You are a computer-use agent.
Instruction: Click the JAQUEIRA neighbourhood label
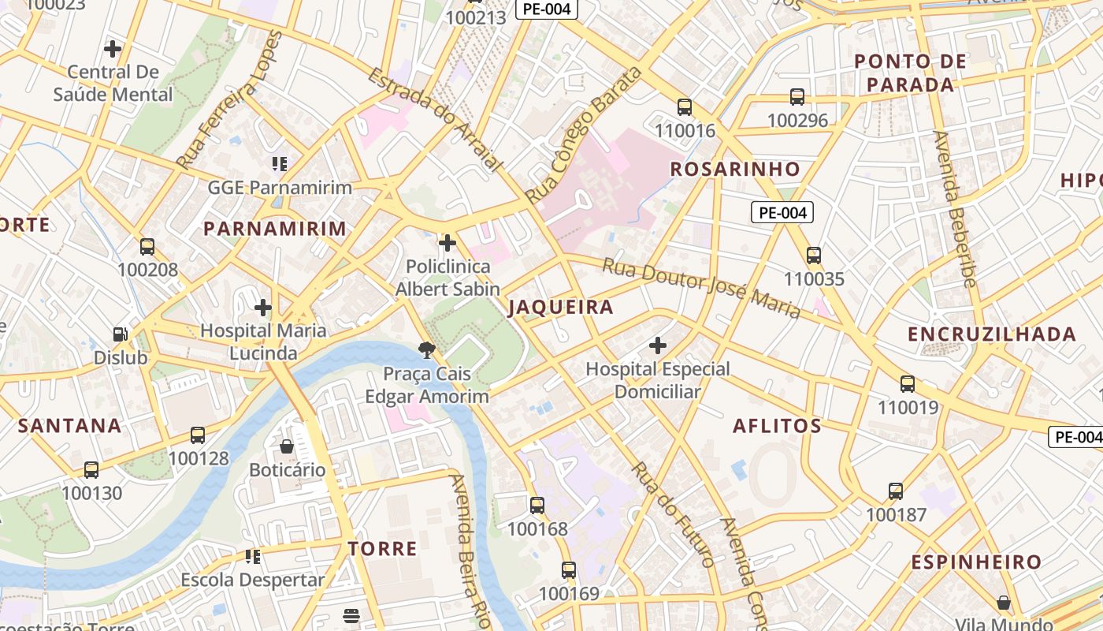tap(560, 308)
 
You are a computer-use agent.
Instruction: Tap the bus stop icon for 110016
tap(685, 107)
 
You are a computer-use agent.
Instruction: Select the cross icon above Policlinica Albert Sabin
tap(448, 243)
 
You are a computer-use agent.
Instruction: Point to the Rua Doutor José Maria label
tap(701, 287)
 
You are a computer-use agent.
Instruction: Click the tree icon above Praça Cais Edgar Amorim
tap(427, 349)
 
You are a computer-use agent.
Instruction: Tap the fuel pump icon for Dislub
tap(120, 334)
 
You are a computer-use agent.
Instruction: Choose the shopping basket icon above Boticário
tap(287, 446)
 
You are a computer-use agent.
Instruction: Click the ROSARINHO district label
tap(734, 169)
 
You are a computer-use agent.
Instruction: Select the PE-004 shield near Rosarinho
tap(782, 212)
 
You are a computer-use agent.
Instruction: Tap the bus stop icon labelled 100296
tap(797, 97)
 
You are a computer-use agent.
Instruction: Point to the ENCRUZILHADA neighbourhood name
tap(991, 334)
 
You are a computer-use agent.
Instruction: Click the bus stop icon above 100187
tap(896, 491)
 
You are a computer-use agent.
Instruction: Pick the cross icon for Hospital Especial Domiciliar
tap(658, 345)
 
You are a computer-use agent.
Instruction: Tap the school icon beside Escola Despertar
tap(253, 557)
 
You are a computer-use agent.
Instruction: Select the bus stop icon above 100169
tap(569, 570)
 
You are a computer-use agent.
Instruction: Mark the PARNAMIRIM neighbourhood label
tap(275, 229)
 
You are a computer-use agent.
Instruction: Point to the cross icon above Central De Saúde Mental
tap(113, 49)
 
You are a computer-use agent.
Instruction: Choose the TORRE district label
tap(383, 549)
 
